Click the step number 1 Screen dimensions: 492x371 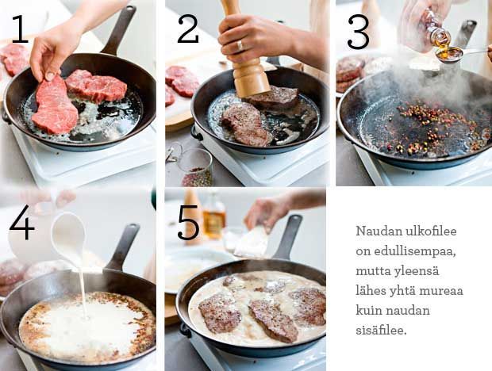tap(21, 29)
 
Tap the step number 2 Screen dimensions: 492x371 tap(188, 29)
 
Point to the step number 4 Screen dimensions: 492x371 tap(21, 223)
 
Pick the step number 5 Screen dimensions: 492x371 tap(188, 223)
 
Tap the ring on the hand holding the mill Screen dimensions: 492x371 tap(240, 46)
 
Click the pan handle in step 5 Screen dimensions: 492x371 tap(287, 237)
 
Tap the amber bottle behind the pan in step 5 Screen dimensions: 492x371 tap(214, 216)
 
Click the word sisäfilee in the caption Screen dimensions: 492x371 tap(381, 330)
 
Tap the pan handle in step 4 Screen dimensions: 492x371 tap(123, 247)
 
